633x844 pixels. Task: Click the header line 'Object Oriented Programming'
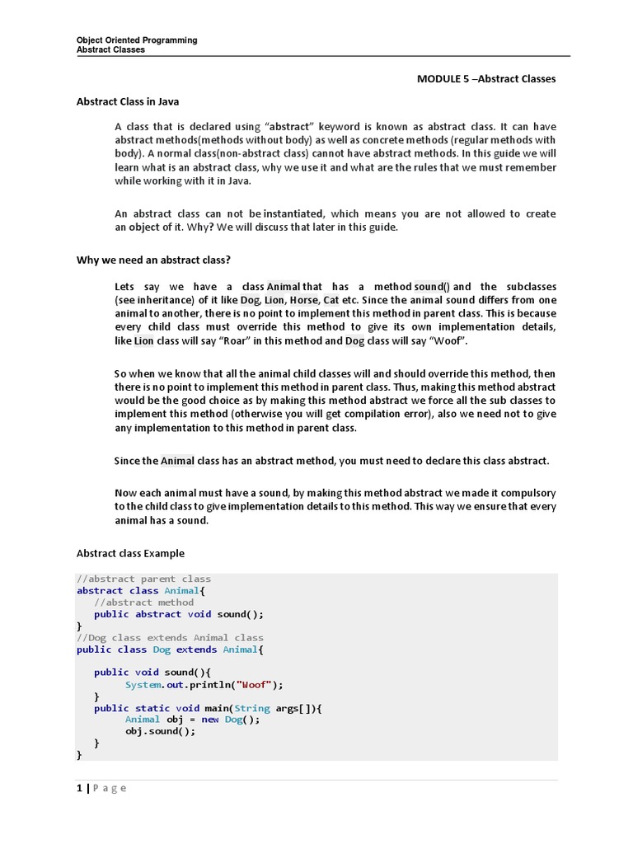coord(137,40)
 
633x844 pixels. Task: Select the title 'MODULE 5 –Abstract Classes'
coord(486,79)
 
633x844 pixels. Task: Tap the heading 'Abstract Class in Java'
coord(128,101)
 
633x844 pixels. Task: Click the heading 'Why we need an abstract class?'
coord(153,260)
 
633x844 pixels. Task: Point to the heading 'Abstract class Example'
coord(130,553)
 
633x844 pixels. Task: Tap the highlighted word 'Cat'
coord(331,300)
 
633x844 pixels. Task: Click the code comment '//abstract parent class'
coord(143,579)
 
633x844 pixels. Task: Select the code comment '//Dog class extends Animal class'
coord(170,637)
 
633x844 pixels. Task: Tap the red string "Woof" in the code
coord(255,684)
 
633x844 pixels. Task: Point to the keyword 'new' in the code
coord(210,719)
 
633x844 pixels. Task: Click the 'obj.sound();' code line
coord(161,731)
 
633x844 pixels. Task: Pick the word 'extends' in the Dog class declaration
coord(196,649)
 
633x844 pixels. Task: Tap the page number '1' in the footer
coord(79,788)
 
